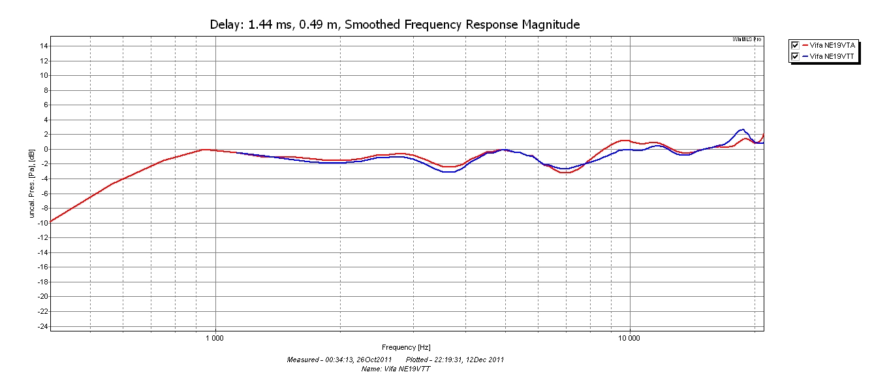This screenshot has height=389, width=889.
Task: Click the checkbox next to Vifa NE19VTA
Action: [x=795, y=45]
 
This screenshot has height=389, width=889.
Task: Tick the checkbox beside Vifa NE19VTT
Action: [x=795, y=56]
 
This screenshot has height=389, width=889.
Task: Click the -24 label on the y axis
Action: [x=42, y=326]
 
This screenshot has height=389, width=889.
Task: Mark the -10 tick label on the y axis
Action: [x=42, y=222]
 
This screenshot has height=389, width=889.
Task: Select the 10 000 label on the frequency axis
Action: [x=630, y=338]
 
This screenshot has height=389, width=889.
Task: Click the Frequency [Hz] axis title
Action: [x=406, y=347]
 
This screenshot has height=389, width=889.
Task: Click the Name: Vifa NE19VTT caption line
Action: [x=396, y=369]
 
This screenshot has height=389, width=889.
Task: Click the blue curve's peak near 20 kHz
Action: [x=742, y=129]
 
